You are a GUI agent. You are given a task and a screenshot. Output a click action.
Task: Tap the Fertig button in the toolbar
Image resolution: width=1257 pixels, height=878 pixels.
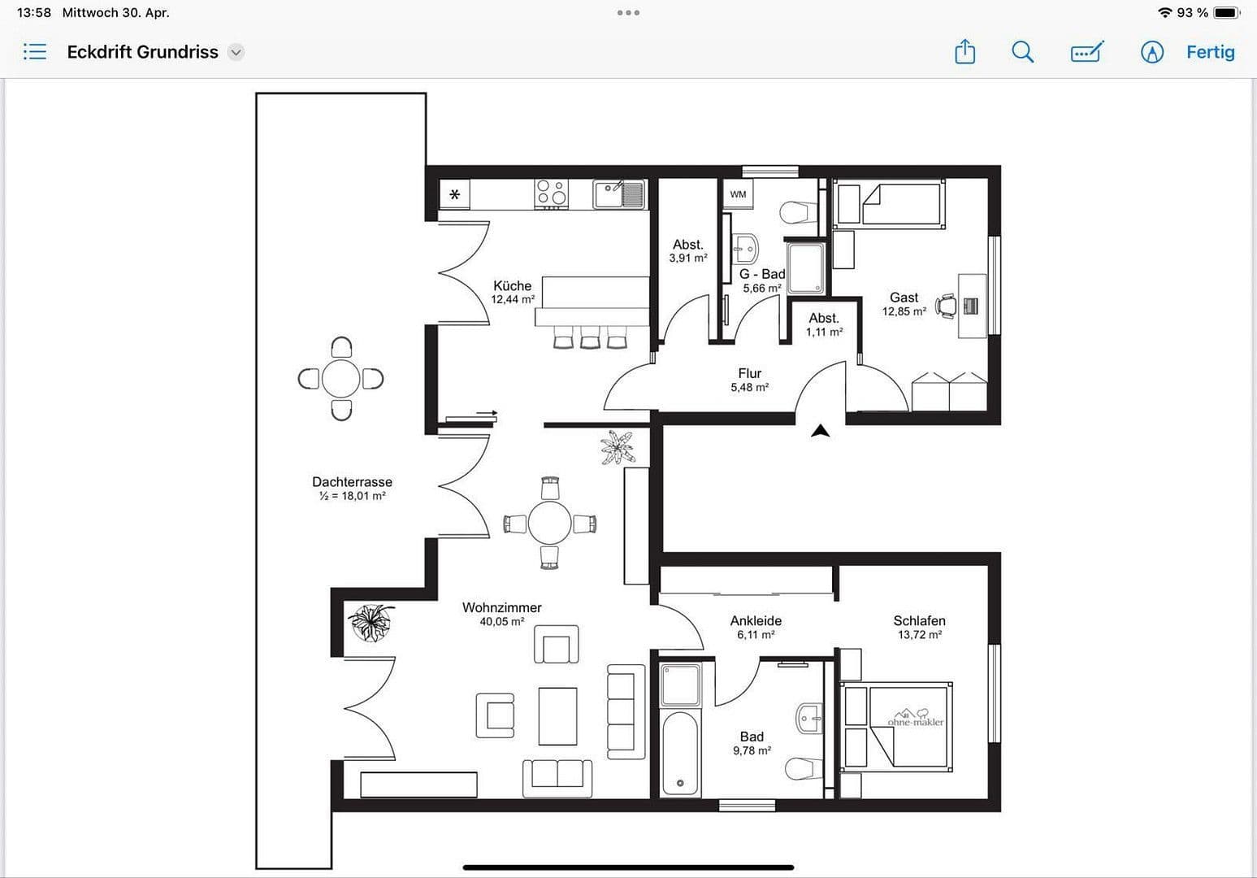click(x=1210, y=52)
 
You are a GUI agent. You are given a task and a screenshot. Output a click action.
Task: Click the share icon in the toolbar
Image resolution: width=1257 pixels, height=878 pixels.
click(x=964, y=52)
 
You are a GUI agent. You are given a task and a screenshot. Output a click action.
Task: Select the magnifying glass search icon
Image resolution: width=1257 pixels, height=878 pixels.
click(x=1022, y=52)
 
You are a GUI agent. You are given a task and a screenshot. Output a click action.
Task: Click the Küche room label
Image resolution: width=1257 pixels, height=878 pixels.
click(x=512, y=286)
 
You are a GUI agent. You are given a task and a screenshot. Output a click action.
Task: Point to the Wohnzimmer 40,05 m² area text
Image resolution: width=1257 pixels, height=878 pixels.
click(x=501, y=622)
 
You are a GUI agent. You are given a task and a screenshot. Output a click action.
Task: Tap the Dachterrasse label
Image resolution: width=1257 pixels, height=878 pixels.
click(x=352, y=482)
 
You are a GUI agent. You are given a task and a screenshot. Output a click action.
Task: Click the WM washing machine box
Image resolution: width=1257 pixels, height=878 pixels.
click(x=738, y=194)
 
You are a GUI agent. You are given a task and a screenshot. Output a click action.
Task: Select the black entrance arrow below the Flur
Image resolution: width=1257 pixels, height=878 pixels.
click(x=821, y=431)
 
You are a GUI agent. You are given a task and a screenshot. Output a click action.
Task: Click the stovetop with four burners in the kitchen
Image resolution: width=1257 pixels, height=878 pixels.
click(x=551, y=193)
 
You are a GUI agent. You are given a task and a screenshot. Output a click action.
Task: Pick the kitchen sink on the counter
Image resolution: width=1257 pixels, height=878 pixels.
click(x=619, y=193)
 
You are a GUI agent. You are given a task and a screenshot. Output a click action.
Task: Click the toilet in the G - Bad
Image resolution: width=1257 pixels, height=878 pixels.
click(x=797, y=213)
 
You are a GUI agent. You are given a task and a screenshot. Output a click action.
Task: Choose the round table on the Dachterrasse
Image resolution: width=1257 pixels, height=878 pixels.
click(x=340, y=379)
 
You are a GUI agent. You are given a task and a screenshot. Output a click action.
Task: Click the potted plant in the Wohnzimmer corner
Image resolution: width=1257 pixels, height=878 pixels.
click(x=371, y=622)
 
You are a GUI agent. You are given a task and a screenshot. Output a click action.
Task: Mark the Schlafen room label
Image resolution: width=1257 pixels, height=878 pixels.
click(x=919, y=621)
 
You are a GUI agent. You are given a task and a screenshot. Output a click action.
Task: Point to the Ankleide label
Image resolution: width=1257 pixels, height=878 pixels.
click(x=756, y=621)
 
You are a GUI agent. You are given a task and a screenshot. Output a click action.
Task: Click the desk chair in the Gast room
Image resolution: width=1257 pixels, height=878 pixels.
click(x=947, y=306)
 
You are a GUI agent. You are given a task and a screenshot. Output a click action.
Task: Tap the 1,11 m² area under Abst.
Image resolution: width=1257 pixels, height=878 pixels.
click(x=824, y=333)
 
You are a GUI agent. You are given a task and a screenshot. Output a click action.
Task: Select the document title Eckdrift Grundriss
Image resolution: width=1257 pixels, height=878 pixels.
click(x=143, y=52)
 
